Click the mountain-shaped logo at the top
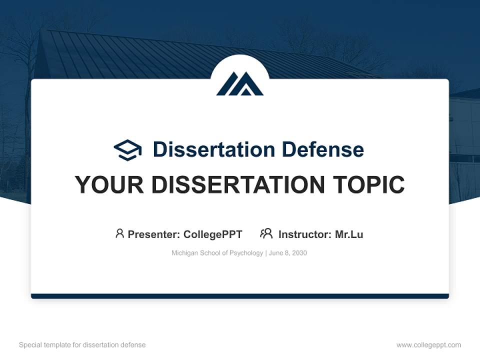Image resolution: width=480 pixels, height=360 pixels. pos(240,83)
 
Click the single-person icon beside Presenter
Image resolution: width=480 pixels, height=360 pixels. pos(119,233)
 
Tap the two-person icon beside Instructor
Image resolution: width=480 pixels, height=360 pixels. pos(266,233)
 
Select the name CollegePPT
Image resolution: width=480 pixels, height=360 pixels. pos(212,234)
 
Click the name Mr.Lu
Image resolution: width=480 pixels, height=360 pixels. pos(349,234)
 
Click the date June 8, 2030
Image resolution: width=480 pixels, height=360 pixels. pos(288,253)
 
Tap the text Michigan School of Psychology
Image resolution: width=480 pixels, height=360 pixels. pos(217,253)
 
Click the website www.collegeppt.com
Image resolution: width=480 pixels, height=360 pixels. pos(428,345)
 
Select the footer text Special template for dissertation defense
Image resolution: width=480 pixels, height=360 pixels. pos(82,345)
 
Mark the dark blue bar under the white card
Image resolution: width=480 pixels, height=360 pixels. pos(240,296)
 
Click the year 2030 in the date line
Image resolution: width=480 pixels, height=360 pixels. pos(299,253)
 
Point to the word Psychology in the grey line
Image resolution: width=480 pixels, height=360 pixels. pos(246,253)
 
